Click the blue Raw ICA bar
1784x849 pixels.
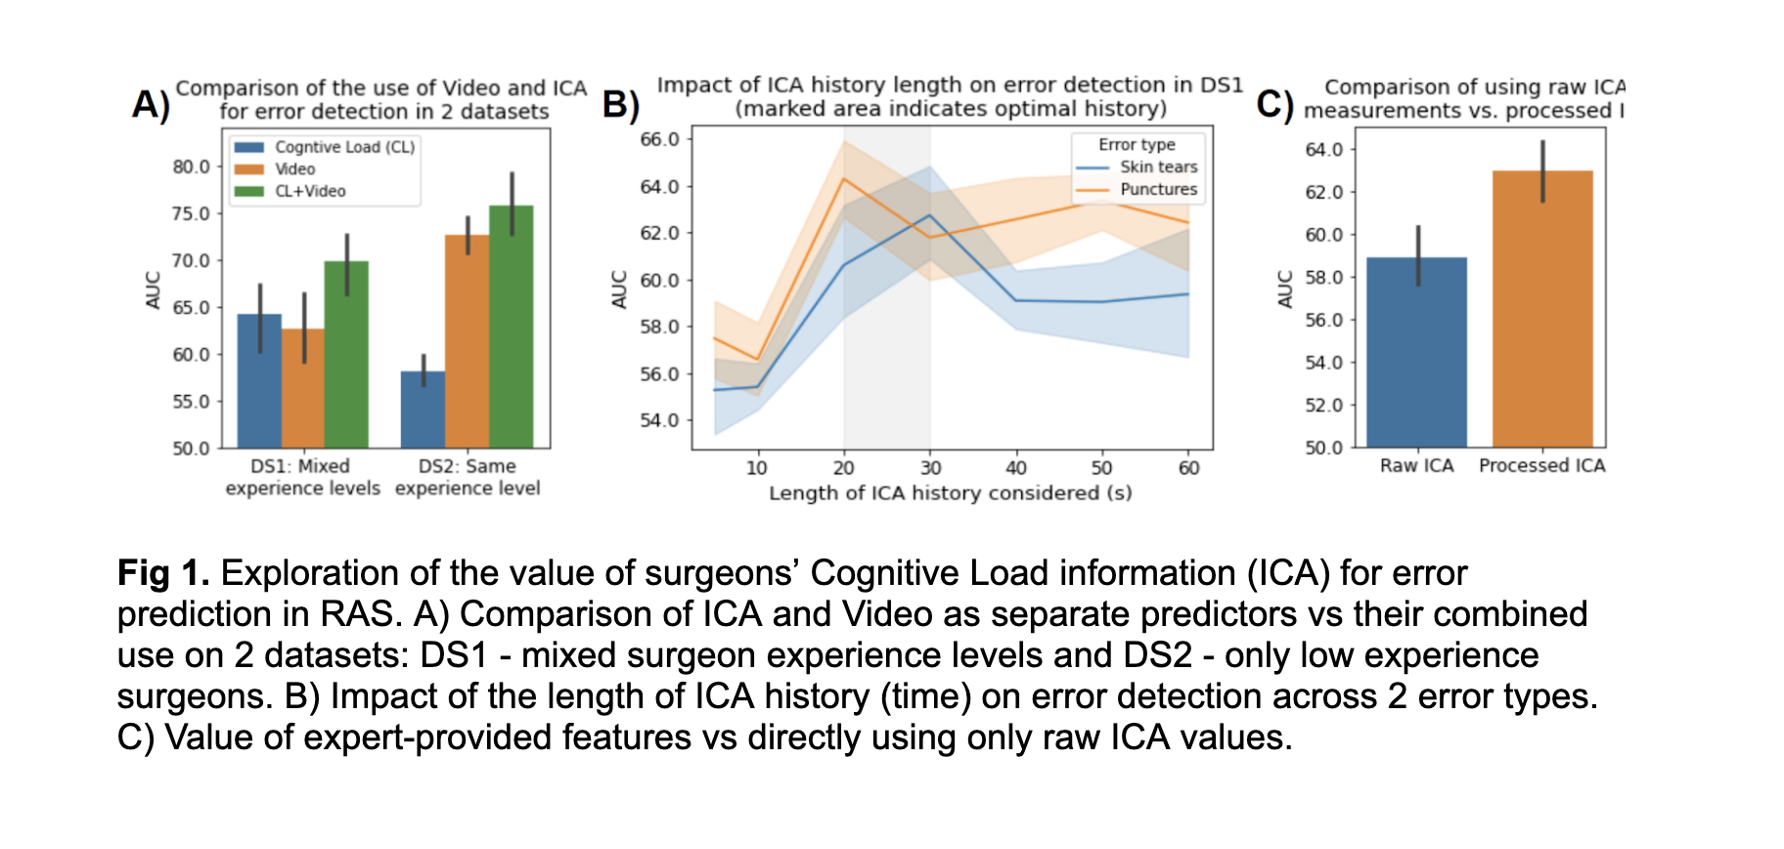pyautogui.click(x=1416, y=352)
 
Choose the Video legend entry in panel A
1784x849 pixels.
pyautogui.click(x=293, y=169)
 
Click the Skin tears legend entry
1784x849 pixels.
pyautogui.click(x=1157, y=167)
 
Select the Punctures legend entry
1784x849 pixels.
pyautogui.click(x=1157, y=190)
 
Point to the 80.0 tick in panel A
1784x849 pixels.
pyautogui.click(x=192, y=166)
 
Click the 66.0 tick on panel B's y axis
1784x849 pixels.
pyautogui.click(x=659, y=139)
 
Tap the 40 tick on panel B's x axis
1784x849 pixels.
pyautogui.click(x=1016, y=468)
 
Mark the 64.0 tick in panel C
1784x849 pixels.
pyautogui.click(x=1323, y=150)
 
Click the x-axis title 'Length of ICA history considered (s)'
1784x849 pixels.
pyautogui.click(x=950, y=493)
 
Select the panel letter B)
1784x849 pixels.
pyautogui.click(x=621, y=104)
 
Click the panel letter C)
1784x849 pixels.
pyautogui.click(x=1274, y=104)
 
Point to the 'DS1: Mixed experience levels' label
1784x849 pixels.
pyautogui.click(x=302, y=477)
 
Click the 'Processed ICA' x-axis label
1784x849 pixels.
pyautogui.click(x=1541, y=466)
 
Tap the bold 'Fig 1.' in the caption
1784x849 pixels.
pyautogui.click(x=163, y=573)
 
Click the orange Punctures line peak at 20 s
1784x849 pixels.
pyautogui.click(x=844, y=178)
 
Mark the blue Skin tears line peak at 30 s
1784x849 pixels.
pyautogui.click(x=930, y=215)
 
